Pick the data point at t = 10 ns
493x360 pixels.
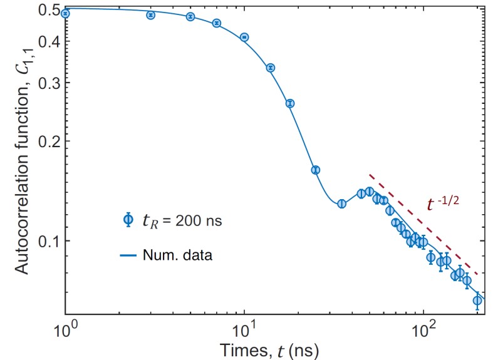[x=244, y=37]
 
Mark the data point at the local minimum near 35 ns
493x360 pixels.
[x=341, y=203]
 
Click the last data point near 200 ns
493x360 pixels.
[x=477, y=301]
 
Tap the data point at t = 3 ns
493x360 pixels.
[x=150, y=15]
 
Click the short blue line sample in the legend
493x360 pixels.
[x=128, y=255]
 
